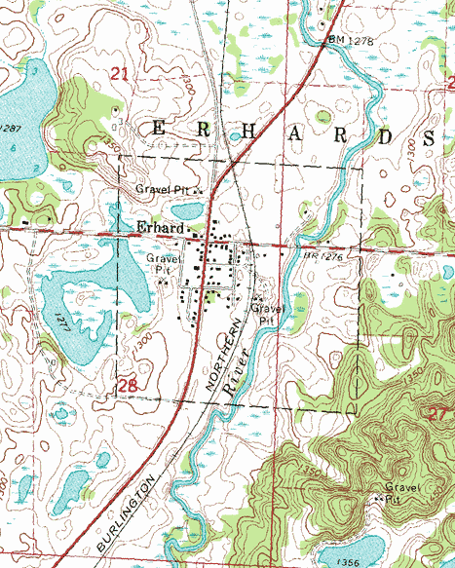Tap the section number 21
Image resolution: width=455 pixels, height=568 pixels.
[x=120, y=74]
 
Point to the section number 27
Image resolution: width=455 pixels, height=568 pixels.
[x=436, y=413]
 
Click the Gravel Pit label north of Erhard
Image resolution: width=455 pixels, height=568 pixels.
[x=167, y=189]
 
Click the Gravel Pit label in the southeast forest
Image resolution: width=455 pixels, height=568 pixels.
[x=398, y=492]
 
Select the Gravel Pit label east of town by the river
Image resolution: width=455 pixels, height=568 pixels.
[x=265, y=314]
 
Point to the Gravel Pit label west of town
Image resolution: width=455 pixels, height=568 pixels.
[x=163, y=265]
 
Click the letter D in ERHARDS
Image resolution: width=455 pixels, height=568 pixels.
[x=385, y=136]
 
